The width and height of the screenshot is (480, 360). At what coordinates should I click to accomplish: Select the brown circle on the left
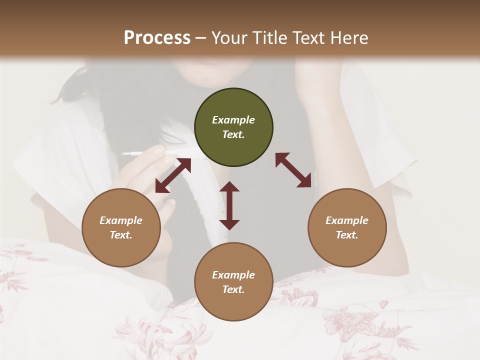coord(121,227)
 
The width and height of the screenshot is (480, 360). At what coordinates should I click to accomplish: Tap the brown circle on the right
coord(347,227)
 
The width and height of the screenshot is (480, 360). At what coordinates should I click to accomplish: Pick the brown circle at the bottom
coord(233,281)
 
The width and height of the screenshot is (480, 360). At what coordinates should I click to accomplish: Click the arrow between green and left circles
coord(173,175)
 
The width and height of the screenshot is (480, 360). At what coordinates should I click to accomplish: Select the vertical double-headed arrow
coord(229,205)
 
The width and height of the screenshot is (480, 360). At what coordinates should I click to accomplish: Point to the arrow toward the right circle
coord(293,170)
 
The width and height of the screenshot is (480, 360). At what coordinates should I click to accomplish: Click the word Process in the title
coord(157,37)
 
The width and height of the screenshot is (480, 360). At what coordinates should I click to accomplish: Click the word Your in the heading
coord(228,37)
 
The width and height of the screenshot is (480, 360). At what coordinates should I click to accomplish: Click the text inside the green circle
coord(233,127)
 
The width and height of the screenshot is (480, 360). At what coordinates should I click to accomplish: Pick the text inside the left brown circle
coord(121,227)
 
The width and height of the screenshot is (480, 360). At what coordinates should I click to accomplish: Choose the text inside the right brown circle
coord(347,227)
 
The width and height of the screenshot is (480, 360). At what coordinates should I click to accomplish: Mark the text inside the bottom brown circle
coord(233,282)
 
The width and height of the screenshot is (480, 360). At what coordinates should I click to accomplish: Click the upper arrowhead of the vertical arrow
coord(229,187)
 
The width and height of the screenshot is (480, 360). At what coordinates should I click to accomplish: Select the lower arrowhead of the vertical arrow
coord(229,224)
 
